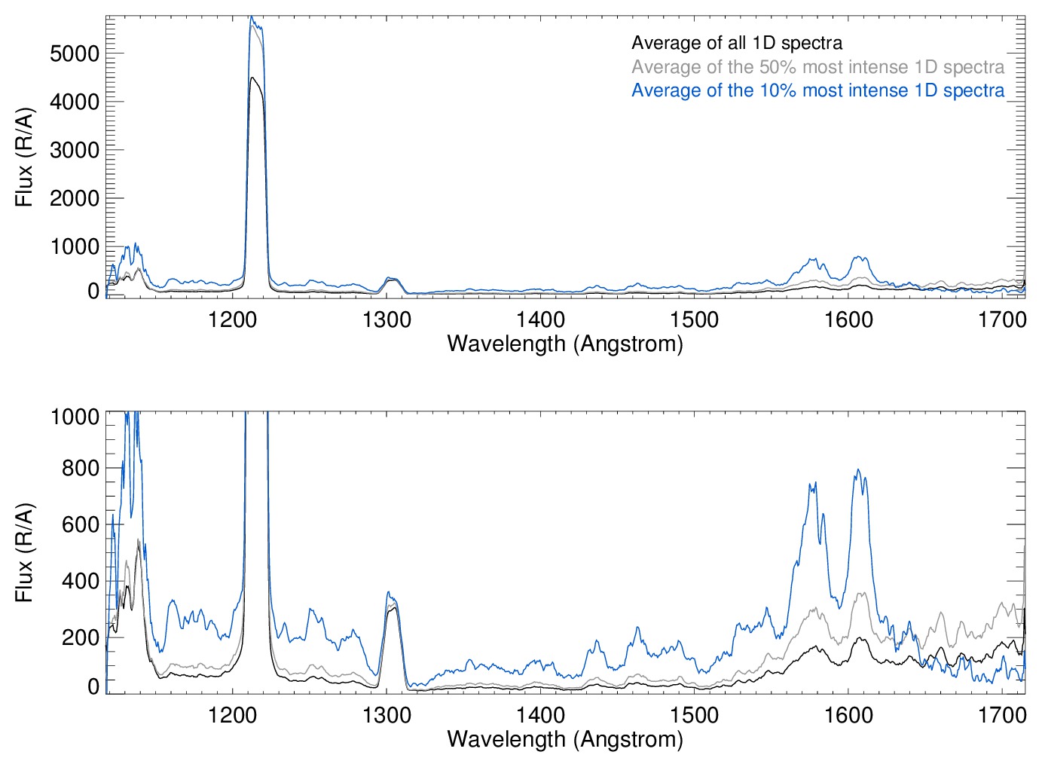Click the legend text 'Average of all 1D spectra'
(x=736, y=43)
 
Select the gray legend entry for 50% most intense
(x=817, y=67)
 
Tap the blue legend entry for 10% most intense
(x=817, y=90)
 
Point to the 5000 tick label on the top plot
(x=75, y=53)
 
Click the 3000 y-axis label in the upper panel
(x=75, y=150)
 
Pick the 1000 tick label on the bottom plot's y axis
(x=75, y=417)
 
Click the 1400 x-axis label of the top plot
(x=540, y=319)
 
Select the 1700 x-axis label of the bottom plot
(x=1002, y=714)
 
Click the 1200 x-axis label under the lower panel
(x=232, y=714)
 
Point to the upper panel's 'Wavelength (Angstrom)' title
(x=565, y=344)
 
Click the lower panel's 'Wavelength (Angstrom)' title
(x=565, y=739)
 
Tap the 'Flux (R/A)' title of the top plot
(x=24, y=157)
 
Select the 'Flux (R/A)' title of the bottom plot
(x=24, y=552)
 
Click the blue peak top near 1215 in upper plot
(x=252, y=17)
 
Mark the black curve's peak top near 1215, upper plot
(x=253, y=78)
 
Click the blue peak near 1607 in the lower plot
(x=858, y=470)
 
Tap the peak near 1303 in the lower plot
(x=388, y=592)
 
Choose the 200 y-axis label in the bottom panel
(x=81, y=637)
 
